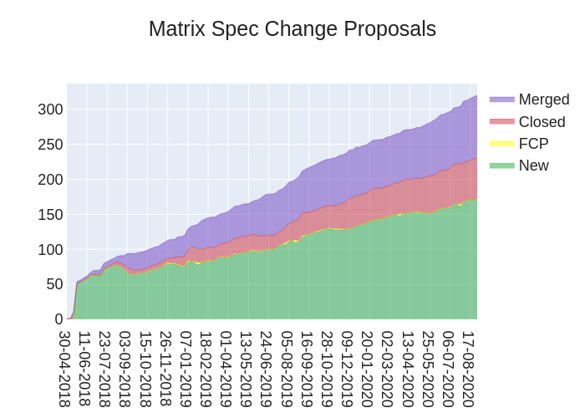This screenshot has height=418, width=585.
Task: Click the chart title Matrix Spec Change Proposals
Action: pos(292,29)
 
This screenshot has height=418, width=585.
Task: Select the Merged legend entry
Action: pos(543,99)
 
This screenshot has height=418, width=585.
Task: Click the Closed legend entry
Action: pos(542,122)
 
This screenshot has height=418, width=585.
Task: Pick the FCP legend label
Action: pos(533,144)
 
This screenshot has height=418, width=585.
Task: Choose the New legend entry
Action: pos(533,166)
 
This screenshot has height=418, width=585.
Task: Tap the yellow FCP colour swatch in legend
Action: pos(501,144)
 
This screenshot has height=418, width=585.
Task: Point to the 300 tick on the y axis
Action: pos(50,110)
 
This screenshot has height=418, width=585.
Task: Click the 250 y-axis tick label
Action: pos(50,145)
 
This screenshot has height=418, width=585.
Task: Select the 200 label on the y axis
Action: pos(50,180)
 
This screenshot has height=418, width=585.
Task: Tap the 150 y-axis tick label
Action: pos(50,215)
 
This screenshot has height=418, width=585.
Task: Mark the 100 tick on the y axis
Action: pos(50,250)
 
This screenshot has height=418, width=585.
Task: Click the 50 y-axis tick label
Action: pos(54,284)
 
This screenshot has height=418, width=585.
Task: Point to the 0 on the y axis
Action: pos(58,319)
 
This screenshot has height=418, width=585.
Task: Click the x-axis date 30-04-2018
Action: pos(65,369)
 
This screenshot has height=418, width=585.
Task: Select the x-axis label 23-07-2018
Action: pos(105,369)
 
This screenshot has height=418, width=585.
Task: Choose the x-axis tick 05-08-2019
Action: pos(287,369)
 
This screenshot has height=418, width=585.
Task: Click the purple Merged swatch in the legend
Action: pos(501,99)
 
